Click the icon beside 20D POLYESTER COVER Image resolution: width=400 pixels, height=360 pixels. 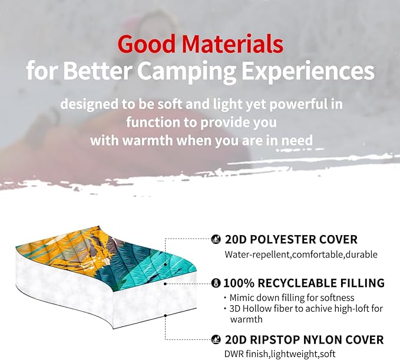pos(217,240)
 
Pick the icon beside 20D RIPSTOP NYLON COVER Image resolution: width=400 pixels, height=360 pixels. pos(217,340)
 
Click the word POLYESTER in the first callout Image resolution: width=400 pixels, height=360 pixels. pos(283,240)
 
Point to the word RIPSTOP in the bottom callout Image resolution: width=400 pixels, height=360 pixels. pos(277,340)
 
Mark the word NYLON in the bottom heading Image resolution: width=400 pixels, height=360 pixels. pos(328,340)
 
